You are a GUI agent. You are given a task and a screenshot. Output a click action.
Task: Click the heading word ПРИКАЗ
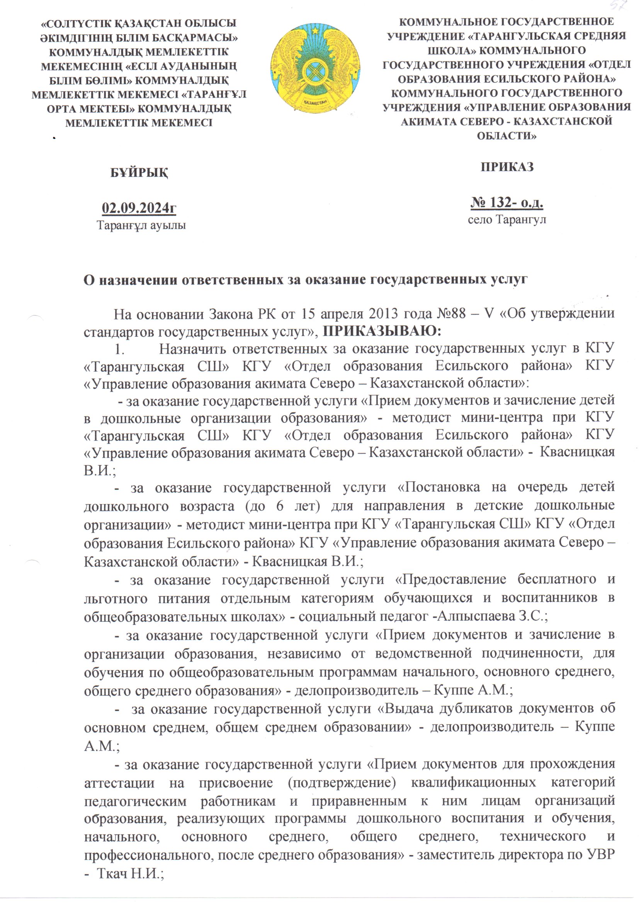tap(507, 167)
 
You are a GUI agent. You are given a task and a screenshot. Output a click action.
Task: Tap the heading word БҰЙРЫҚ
tap(139, 173)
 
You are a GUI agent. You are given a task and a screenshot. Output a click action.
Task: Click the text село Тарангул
tap(507, 219)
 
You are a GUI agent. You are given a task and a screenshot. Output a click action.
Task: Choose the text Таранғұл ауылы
tap(141, 225)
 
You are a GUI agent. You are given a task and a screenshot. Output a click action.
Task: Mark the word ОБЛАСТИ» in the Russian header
tap(506, 136)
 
